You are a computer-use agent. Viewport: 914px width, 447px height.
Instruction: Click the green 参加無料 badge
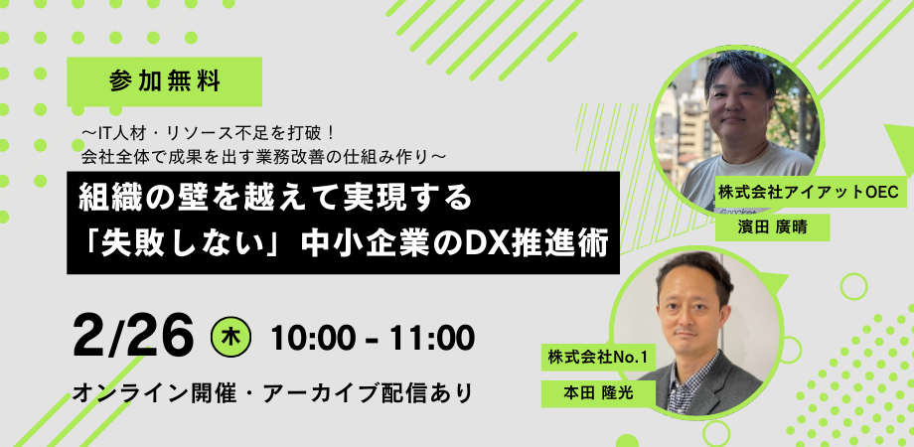click(164, 81)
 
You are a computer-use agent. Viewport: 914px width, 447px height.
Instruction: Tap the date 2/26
click(133, 338)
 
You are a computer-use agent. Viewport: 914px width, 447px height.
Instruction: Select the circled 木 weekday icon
click(230, 339)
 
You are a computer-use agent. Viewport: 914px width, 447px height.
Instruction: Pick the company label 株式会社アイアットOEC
click(812, 192)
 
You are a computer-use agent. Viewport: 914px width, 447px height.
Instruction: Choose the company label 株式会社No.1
click(598, 359)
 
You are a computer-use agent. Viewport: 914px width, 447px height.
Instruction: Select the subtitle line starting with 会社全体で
click(264, 155)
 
